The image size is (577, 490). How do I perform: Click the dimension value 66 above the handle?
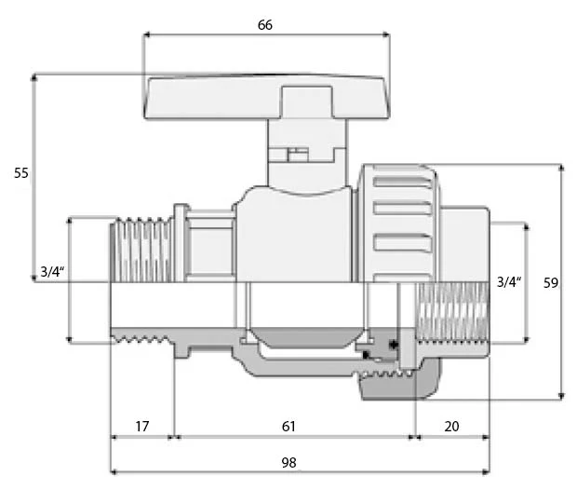pyautogui.click(x=265, y=25)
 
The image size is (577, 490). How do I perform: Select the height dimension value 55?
pyautogui.click(x=21, y=172)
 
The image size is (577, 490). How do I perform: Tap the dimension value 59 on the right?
pyautogui.click(x=551, y=282)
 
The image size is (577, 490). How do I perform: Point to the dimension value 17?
pyautogui.click(x=142, y=427)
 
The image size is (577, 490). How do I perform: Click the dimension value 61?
pyautogui.click(x=288, y=427)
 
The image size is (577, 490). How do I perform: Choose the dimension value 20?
pyautogui.click(x=451, y=427)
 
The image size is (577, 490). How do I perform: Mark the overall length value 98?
pyautogui.click(x=288, y=462)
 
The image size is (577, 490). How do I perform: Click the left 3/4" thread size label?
pyautogui.click(x=52, y=272)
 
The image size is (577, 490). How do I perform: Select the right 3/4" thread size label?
pyautogui.click(x=509, y=282)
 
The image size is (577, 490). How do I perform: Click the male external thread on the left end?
pyautogui.click(x=141, y=250)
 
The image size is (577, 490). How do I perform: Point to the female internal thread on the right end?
pyautogui.click(x=452, y=312)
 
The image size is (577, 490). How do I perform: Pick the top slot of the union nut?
pyautogui.click(x=402, y=182)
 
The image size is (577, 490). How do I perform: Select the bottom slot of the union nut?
pyautogui.click(x=402, y=242)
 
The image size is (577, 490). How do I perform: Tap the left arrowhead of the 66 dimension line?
pyautogui.click(x=146, y=35)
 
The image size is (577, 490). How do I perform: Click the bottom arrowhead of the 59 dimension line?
pyautogui.click(x=561, y=397)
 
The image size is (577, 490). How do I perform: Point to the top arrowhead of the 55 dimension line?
pyautogui.click(x=34, y=77)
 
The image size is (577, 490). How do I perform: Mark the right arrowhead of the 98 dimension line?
pyautogui.click(x=486, y=471)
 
